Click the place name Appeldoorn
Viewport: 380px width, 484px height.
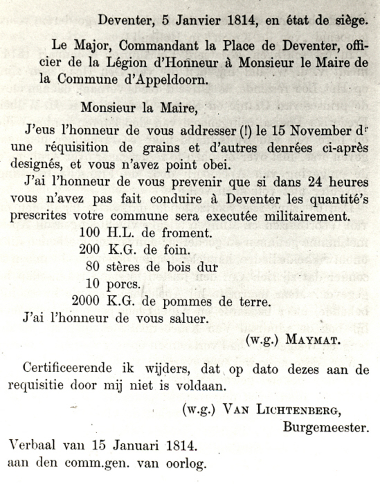coord(167,78)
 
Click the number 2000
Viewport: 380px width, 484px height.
coord(86,301)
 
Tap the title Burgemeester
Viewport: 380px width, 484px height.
coord(326,427)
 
